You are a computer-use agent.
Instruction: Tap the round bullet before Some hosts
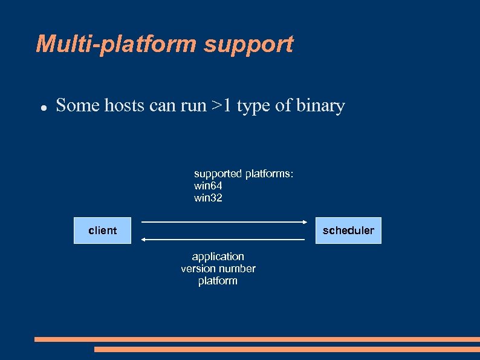(x=44, y=107)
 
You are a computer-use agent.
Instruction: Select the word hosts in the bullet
(x=125, y=106)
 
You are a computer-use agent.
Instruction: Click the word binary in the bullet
(x=320, y=106)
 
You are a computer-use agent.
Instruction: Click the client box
(x=102, y=231)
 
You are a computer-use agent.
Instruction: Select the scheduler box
(x=348, y=231)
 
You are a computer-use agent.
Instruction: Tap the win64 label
(x=208, y=186)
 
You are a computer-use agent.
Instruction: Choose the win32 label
(x=208, y=198)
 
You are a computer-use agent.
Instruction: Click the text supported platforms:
(x=244, y=174)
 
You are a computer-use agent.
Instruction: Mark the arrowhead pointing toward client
(x=143, y=240)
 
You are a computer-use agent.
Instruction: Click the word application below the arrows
(x=218, y=257)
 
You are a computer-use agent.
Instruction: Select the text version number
(x=218, y=269)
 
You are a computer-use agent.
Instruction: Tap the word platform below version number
(x=218, y=281)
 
